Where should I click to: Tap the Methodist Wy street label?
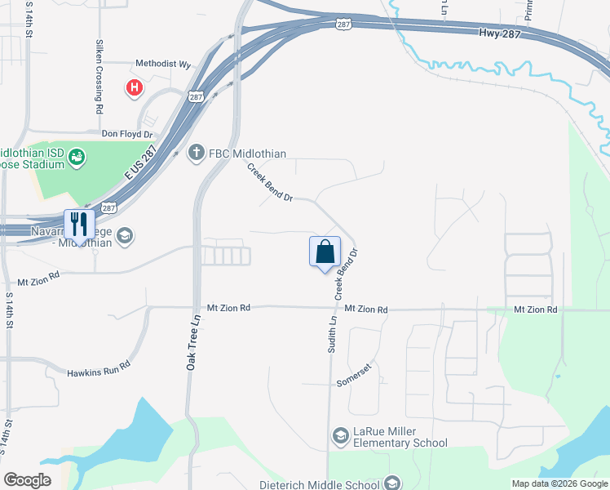(162, 64)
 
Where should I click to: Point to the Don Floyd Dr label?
(126, 133)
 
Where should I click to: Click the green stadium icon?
(77, 155)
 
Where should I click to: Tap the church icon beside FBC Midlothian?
(195, 153)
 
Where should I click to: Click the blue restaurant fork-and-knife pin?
(79, 225)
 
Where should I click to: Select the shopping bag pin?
(325, 251)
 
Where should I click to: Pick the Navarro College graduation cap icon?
(125, 236)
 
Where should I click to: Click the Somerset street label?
(354, 382)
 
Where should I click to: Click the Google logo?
(27, 480)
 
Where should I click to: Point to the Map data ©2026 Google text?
(559, 483)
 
